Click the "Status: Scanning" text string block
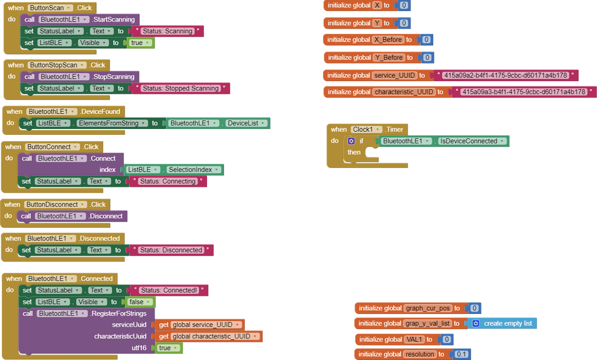[x=167, y=31]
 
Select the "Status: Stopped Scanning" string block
[x=180, y=88]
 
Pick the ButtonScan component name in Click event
[x=49, y=8]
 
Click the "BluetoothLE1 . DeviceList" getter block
[x=217, y=123]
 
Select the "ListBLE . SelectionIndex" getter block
[x=173, y=169]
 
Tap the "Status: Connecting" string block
[x=167, y=181]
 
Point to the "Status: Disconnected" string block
[x=171, y=250]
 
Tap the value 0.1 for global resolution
[x=461, y=354]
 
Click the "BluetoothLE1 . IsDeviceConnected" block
[x=443, y=141]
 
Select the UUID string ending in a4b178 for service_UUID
[x=505, y=75]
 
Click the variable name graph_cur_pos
[x=427, y=307]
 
